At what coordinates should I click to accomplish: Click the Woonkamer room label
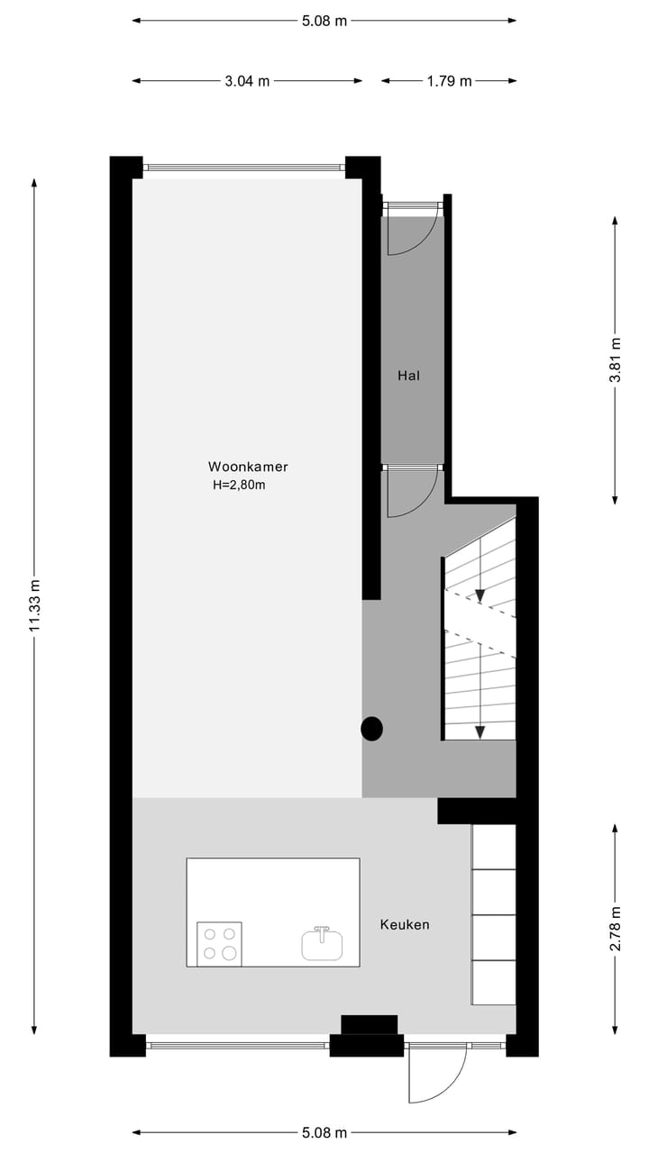[x=248, y=467]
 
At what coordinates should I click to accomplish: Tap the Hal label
[x=409, y=376]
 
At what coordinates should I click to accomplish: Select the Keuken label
[x=405, y=924]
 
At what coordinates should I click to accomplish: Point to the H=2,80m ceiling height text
[x=239, y=485]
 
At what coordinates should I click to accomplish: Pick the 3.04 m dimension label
[x=247, y=81]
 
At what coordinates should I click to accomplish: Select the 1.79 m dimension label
[x=449, y=81]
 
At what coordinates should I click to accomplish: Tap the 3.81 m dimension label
[x=616, y=360]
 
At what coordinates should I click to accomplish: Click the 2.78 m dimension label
[x=616, y=929]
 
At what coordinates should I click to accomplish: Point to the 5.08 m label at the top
[x=324, y=21]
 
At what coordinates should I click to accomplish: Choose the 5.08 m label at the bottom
[x=324, y=1132]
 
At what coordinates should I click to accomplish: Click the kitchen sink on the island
[x=322, y=943]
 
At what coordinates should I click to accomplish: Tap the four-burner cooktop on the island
[x=219, y=944]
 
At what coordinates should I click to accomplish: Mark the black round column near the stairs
[x=372, y=729]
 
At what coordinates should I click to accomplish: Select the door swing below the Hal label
[x=410, y=494]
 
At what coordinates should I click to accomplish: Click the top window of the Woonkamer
[x=244, y=167]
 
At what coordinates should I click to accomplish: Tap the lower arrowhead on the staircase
[x=480, y=731]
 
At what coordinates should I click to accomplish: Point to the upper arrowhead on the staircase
[x=480, y=595]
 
